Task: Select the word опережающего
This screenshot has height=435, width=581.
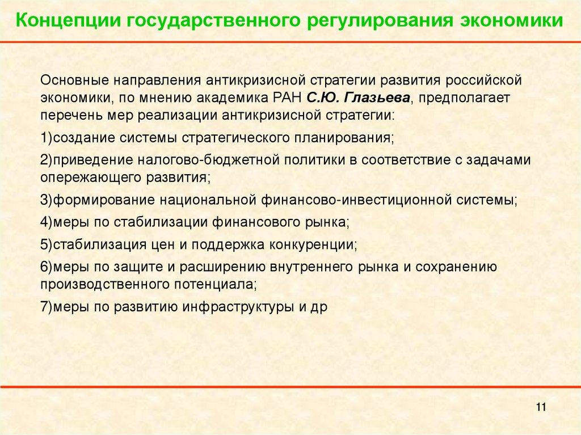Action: click(x=85, y=178)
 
